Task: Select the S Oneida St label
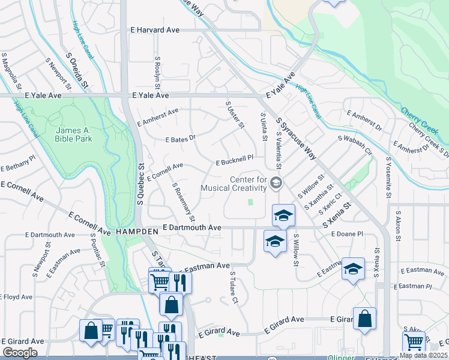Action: pos(77,72)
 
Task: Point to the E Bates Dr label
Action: pos(181,139)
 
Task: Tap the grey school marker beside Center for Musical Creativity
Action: pos(276,183)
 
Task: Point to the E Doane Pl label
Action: pos(348,233)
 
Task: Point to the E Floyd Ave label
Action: pos(16,297)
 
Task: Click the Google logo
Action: pos(20,353)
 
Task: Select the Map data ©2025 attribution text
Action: pos(423,355)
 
